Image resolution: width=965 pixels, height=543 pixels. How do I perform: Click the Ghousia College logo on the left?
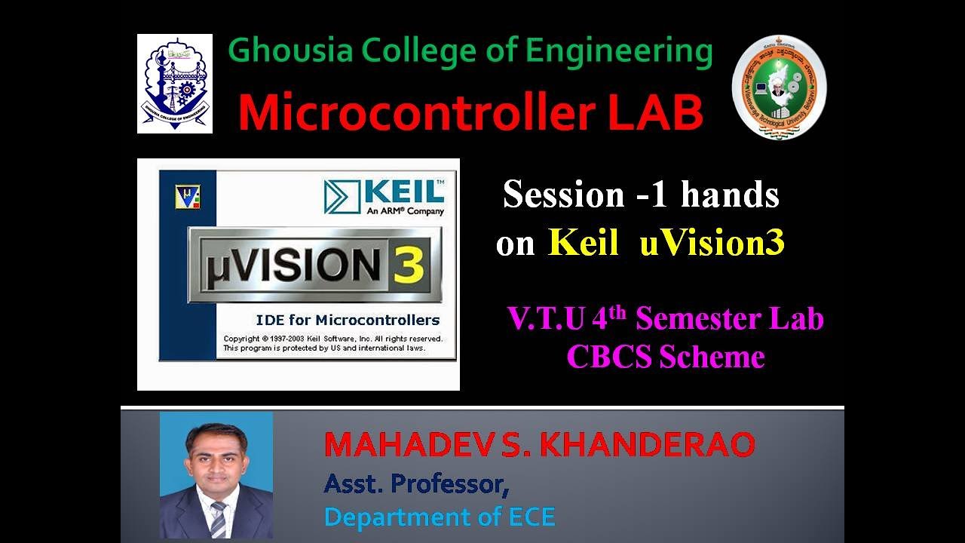click(175, 84)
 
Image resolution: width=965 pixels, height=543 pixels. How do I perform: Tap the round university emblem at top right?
click(780, 87)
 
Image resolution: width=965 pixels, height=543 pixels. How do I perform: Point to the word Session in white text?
click(563, 195)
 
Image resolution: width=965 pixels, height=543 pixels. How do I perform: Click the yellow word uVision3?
click(712, 243)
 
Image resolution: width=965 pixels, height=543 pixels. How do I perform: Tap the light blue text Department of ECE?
click(440, 517)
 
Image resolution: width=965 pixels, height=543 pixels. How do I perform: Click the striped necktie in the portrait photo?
click(218, 520)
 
